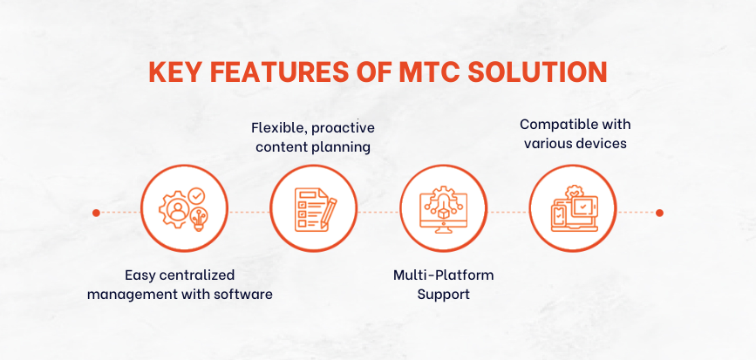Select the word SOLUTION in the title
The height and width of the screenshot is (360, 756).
coord(538,71)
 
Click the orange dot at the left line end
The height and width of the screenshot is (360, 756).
coord(96,213)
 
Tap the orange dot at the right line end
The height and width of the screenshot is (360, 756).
coord(659,213)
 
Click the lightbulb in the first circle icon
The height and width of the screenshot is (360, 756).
coord(198,220)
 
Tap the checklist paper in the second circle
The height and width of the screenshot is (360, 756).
coord(309,210)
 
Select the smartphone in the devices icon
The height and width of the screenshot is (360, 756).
coord(558,217)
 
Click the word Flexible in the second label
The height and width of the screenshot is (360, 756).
coord(280,128)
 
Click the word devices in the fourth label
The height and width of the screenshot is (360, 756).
coord(602,143)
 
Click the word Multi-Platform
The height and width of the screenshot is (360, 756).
coord(444,275)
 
